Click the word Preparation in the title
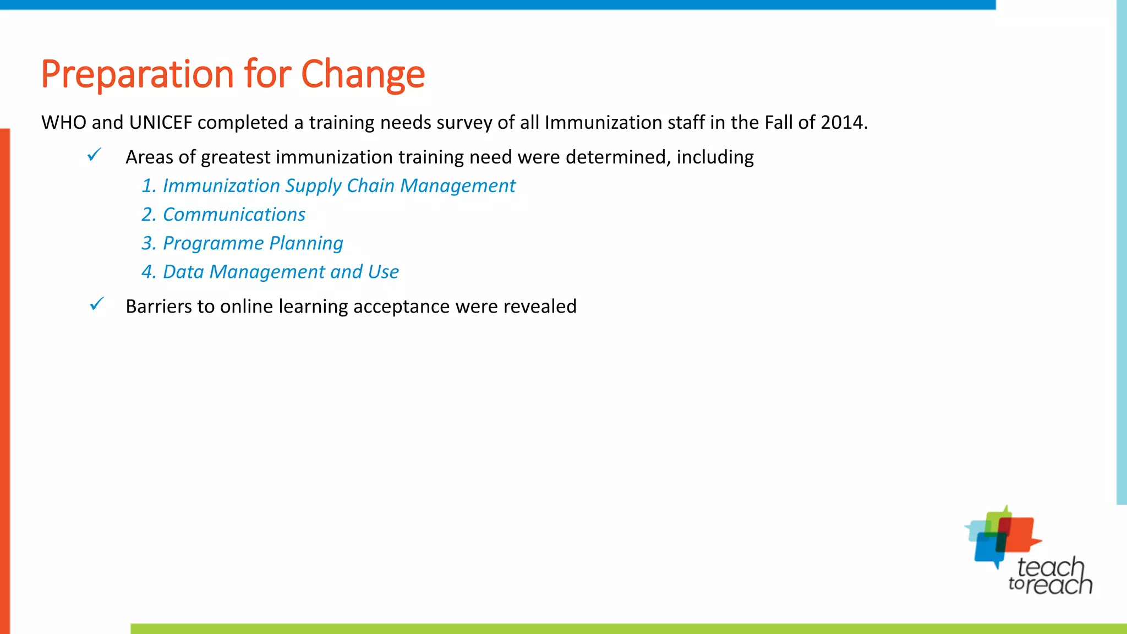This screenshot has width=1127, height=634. pos(138,74)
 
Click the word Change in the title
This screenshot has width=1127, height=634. pos(363,74)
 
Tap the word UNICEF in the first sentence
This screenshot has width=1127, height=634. pos(160,122)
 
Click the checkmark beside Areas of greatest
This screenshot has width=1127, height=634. pos(95,155)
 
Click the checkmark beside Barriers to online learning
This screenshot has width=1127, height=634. pos(97,304)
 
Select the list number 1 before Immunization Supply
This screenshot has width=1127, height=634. pos(148,186)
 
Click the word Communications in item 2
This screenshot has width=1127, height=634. pos(234,215)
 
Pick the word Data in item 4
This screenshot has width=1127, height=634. pos(183,272)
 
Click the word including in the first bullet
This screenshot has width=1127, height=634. pos(715,157)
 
